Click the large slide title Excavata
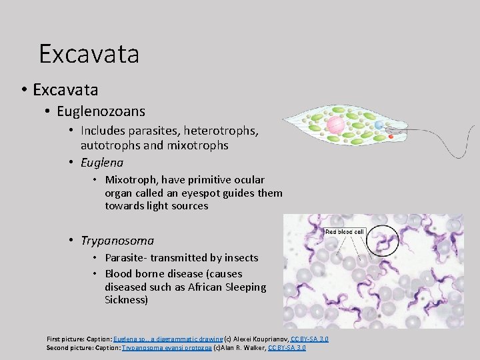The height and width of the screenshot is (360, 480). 89,54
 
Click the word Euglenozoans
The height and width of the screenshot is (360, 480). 101,111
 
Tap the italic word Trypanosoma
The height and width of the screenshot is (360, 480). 117,241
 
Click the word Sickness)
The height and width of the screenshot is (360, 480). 126,300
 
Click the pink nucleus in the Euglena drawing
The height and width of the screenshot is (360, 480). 335,125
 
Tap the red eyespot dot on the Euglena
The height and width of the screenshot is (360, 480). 391,137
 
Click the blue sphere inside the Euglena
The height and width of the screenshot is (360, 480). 379,125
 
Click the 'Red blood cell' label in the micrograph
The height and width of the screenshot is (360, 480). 344,231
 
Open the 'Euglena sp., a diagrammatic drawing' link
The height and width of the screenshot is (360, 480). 168,339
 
